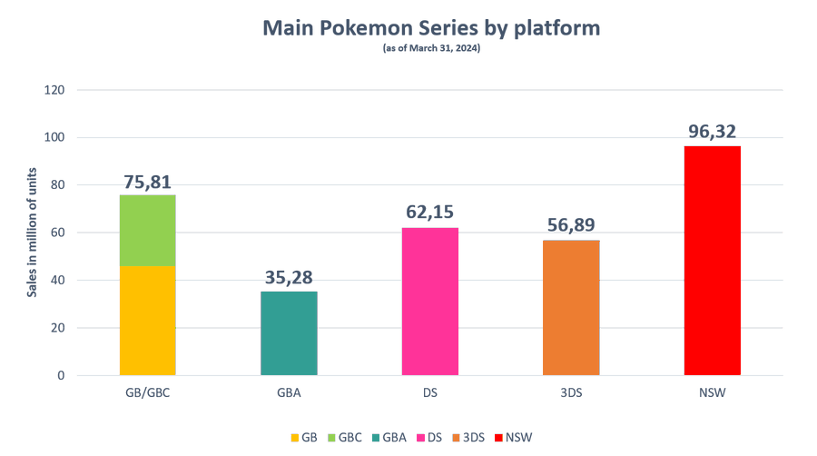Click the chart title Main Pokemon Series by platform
tap(431, 28)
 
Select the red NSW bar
tap(713, 261)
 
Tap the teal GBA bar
tap(289, 332)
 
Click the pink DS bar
tap(430, 301)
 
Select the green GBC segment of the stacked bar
tap(148, 230)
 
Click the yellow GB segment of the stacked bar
tap(148, 320)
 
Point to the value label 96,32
tap(713, 133)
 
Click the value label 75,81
tap(148, 182)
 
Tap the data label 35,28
tap(289, 278)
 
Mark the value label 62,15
tap(430, 214)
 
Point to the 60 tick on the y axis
tap(59, 233)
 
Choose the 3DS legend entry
tap(470, 437)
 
